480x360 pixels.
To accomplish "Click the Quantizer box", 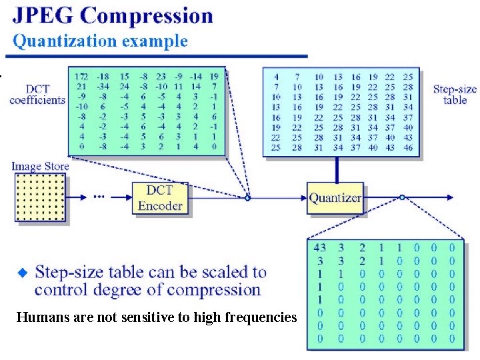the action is point(335,197).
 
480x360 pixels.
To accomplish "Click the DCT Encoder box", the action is point(160,198).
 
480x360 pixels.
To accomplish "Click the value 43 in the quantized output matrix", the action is point(320,249).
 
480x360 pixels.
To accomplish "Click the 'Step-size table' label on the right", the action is point(455,94).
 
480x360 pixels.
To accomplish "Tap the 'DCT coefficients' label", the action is point(38,94).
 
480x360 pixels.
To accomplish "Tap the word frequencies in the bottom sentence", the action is point(264,318).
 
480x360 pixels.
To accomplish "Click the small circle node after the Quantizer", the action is point(402,197).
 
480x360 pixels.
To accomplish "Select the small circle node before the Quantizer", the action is point(247,197).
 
